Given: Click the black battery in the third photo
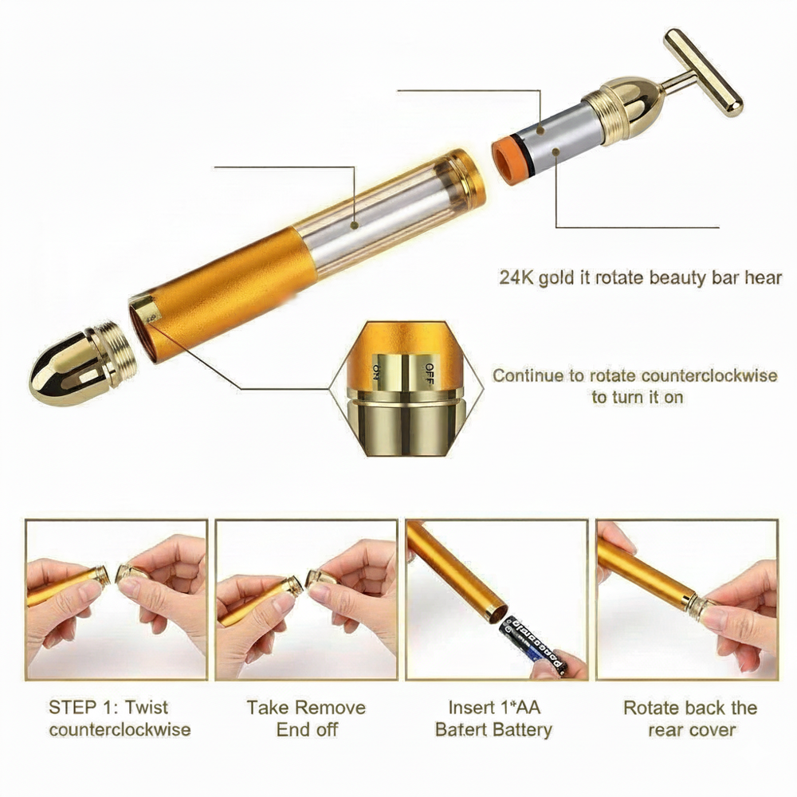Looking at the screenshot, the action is (534, 646).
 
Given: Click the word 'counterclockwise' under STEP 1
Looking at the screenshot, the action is (120, 729).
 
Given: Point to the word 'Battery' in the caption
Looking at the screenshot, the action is (523, 730).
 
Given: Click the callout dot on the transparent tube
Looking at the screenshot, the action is (355, 225).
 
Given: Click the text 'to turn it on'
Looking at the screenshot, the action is (637, 397).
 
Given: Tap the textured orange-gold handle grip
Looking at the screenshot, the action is (224, 295).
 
